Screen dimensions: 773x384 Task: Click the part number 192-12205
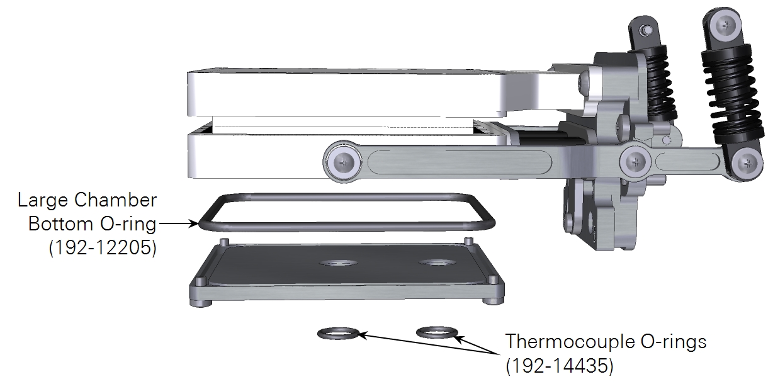tap(103, 247)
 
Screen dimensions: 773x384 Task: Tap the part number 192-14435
tap(560, 366)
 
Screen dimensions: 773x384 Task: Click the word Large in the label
tap(42, 201)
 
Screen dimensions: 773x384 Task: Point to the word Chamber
tap(116, 200)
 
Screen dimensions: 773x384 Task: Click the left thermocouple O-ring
tap(338, 333)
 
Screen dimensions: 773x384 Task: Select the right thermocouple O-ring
tap(437, 332)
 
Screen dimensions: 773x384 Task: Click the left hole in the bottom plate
tap(338, 264)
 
